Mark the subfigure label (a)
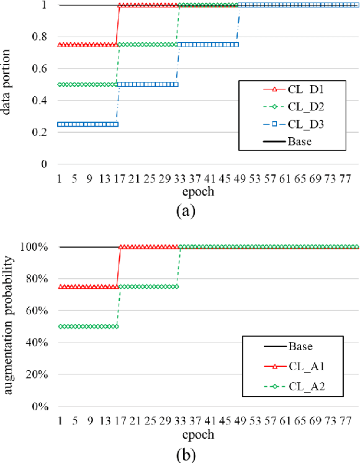(186, 210)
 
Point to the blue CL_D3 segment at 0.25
(87, 124)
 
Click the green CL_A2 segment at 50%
(87, 326)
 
